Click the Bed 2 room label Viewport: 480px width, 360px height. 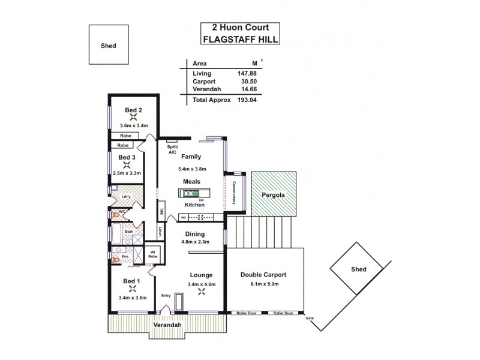pyautogui.click(x=133, y=110)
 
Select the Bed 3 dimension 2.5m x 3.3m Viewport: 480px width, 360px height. pyautogui.click(x=126, y=173)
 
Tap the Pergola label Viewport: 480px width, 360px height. pyautogui.click(x=273, y=196)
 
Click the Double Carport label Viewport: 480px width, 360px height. pyautogui.click(x=263, y=274)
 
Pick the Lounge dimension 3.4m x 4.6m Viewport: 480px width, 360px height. pyautogui.click(x=201, y=284)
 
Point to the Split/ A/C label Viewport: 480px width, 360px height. pyautogui.click(x=172, y=149)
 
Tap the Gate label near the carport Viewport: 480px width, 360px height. pyautogui.click(x=310, y=318)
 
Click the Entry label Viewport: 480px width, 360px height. pyautogui.click(x=166, y=296)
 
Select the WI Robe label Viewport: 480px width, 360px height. pyautogui.click(x=153, y=254)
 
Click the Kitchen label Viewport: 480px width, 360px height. pyautogui.click(x=194, y=205)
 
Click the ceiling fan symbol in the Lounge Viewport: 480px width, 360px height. pyautogui.click(x=202, y=293)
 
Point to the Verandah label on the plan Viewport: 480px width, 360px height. pyautogui.click(x=167, y=325)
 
